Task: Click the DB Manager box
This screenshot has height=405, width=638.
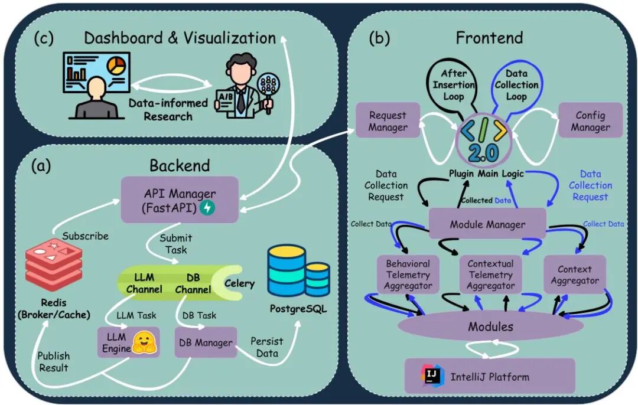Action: pos(206,342)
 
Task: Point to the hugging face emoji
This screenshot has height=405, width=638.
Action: pos(144,342)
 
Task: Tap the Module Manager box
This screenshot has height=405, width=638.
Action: pos(487,224)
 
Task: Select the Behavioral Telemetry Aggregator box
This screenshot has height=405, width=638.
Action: pos(408,275)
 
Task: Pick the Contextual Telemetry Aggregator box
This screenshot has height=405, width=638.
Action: pos(490,275)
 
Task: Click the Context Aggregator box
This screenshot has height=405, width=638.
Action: pos(575,275)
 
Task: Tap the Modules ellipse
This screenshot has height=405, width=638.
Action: pos(490,326)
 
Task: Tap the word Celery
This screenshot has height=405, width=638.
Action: pos(239,283)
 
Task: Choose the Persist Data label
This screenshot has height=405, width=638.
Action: pos(267,347)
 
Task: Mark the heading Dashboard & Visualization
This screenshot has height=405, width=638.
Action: pos(180,38)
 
